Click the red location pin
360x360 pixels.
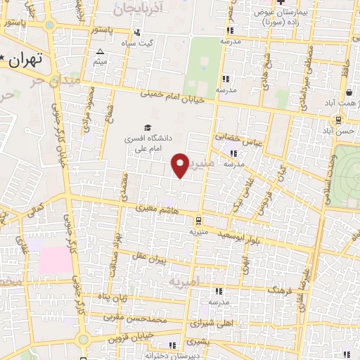coord(181,165)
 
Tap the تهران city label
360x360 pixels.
coord(29,59)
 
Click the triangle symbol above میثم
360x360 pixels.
coord(100,52)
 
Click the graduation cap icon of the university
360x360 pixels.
coord(148,127)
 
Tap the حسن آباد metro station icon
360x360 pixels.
coord(338,120)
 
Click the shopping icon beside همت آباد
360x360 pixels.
coord(349,93)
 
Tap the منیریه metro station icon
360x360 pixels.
coord(198,219)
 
